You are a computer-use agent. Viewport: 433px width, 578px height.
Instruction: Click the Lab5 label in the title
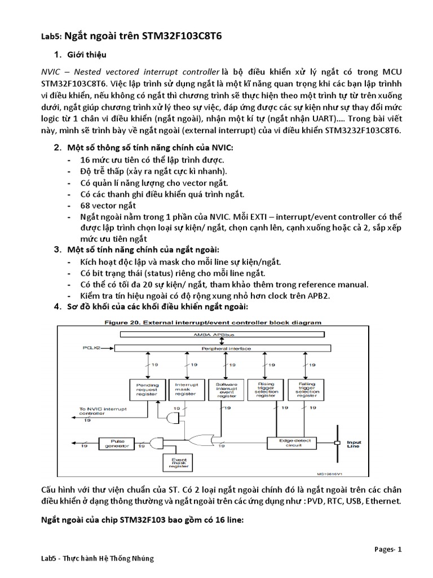coord(51,36)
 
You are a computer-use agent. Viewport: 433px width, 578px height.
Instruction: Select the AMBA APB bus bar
coord(220,334)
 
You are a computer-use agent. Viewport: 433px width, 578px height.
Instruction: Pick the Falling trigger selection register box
coord(306,388)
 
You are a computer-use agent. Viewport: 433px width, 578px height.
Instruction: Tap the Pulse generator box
coord(114,444)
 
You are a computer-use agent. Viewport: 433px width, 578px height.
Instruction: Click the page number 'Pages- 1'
coord(388,549)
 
